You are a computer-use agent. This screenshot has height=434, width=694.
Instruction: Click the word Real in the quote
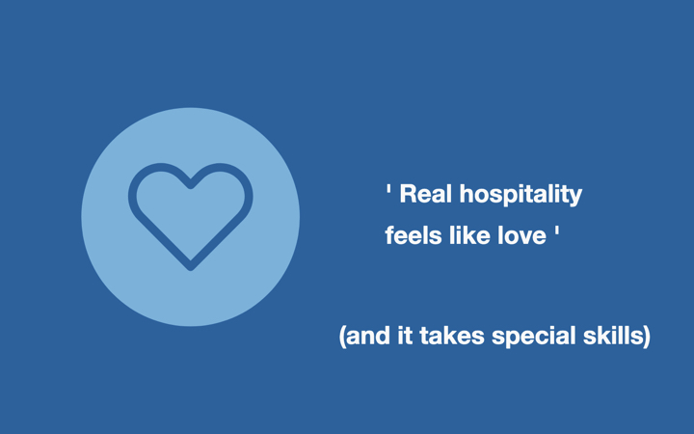click(x=426, y=194)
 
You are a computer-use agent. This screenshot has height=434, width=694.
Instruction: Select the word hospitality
click(x=520, y=195)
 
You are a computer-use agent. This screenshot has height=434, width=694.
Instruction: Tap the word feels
click(x=414, y=235)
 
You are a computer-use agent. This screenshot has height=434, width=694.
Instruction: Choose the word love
click(x=521, y=235)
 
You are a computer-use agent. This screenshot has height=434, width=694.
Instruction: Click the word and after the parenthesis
click(x=368, y=336)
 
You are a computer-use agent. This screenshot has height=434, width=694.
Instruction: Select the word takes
click(x=452, y=336)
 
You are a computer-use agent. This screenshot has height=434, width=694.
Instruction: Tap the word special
click(x=534, y=338)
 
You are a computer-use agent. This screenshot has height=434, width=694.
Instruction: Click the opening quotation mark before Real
click(x=388, y=189)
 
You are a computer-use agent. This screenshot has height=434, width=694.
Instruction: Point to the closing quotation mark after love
click(x=556, y=231)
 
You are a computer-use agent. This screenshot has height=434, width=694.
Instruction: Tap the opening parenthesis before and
click(x=342, y=337)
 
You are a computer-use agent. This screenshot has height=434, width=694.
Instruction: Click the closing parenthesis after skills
click(x=647, y=337)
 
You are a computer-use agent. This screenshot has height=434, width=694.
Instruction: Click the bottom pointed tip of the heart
click(x=190, y=267)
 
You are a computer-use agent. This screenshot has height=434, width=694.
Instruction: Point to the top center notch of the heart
click(x=190, y=185)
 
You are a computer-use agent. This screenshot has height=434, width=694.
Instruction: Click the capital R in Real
click(x=408, y=194)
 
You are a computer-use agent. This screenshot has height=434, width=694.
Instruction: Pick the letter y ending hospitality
click(x=576, y=198)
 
